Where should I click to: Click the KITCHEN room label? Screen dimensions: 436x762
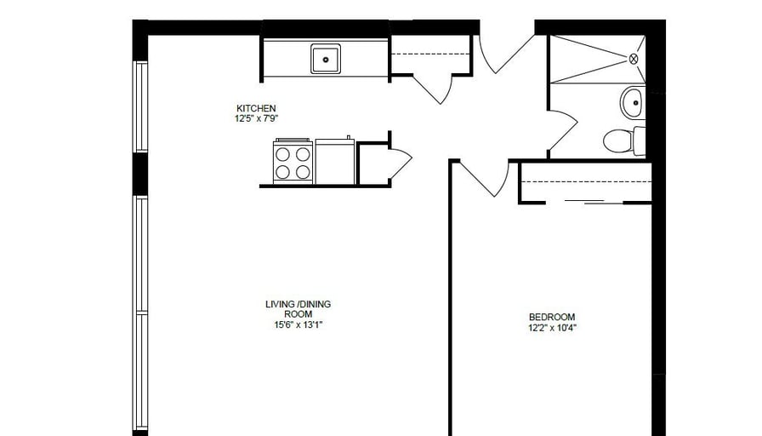coord(256,108)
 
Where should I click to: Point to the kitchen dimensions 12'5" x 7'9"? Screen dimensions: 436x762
coord(256,118)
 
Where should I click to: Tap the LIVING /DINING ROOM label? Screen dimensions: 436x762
coord(298,304)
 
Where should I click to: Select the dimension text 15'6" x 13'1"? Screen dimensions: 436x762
coord(298,324)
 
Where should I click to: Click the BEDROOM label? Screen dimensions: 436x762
coord(552,317)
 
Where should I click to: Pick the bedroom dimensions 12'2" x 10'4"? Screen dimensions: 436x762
coord(552,327)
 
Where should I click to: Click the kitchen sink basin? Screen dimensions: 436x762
coord(325,59)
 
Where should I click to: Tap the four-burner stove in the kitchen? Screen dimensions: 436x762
coord(293,162)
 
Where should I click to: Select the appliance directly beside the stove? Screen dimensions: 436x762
coord(335,161)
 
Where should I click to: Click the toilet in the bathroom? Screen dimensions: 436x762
coord(622,140)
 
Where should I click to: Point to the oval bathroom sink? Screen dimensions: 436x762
coord(632,103)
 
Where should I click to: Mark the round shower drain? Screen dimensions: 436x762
coord(633,59)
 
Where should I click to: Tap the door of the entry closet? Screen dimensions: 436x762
coord(433,87)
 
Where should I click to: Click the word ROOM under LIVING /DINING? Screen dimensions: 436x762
coord(298,313)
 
